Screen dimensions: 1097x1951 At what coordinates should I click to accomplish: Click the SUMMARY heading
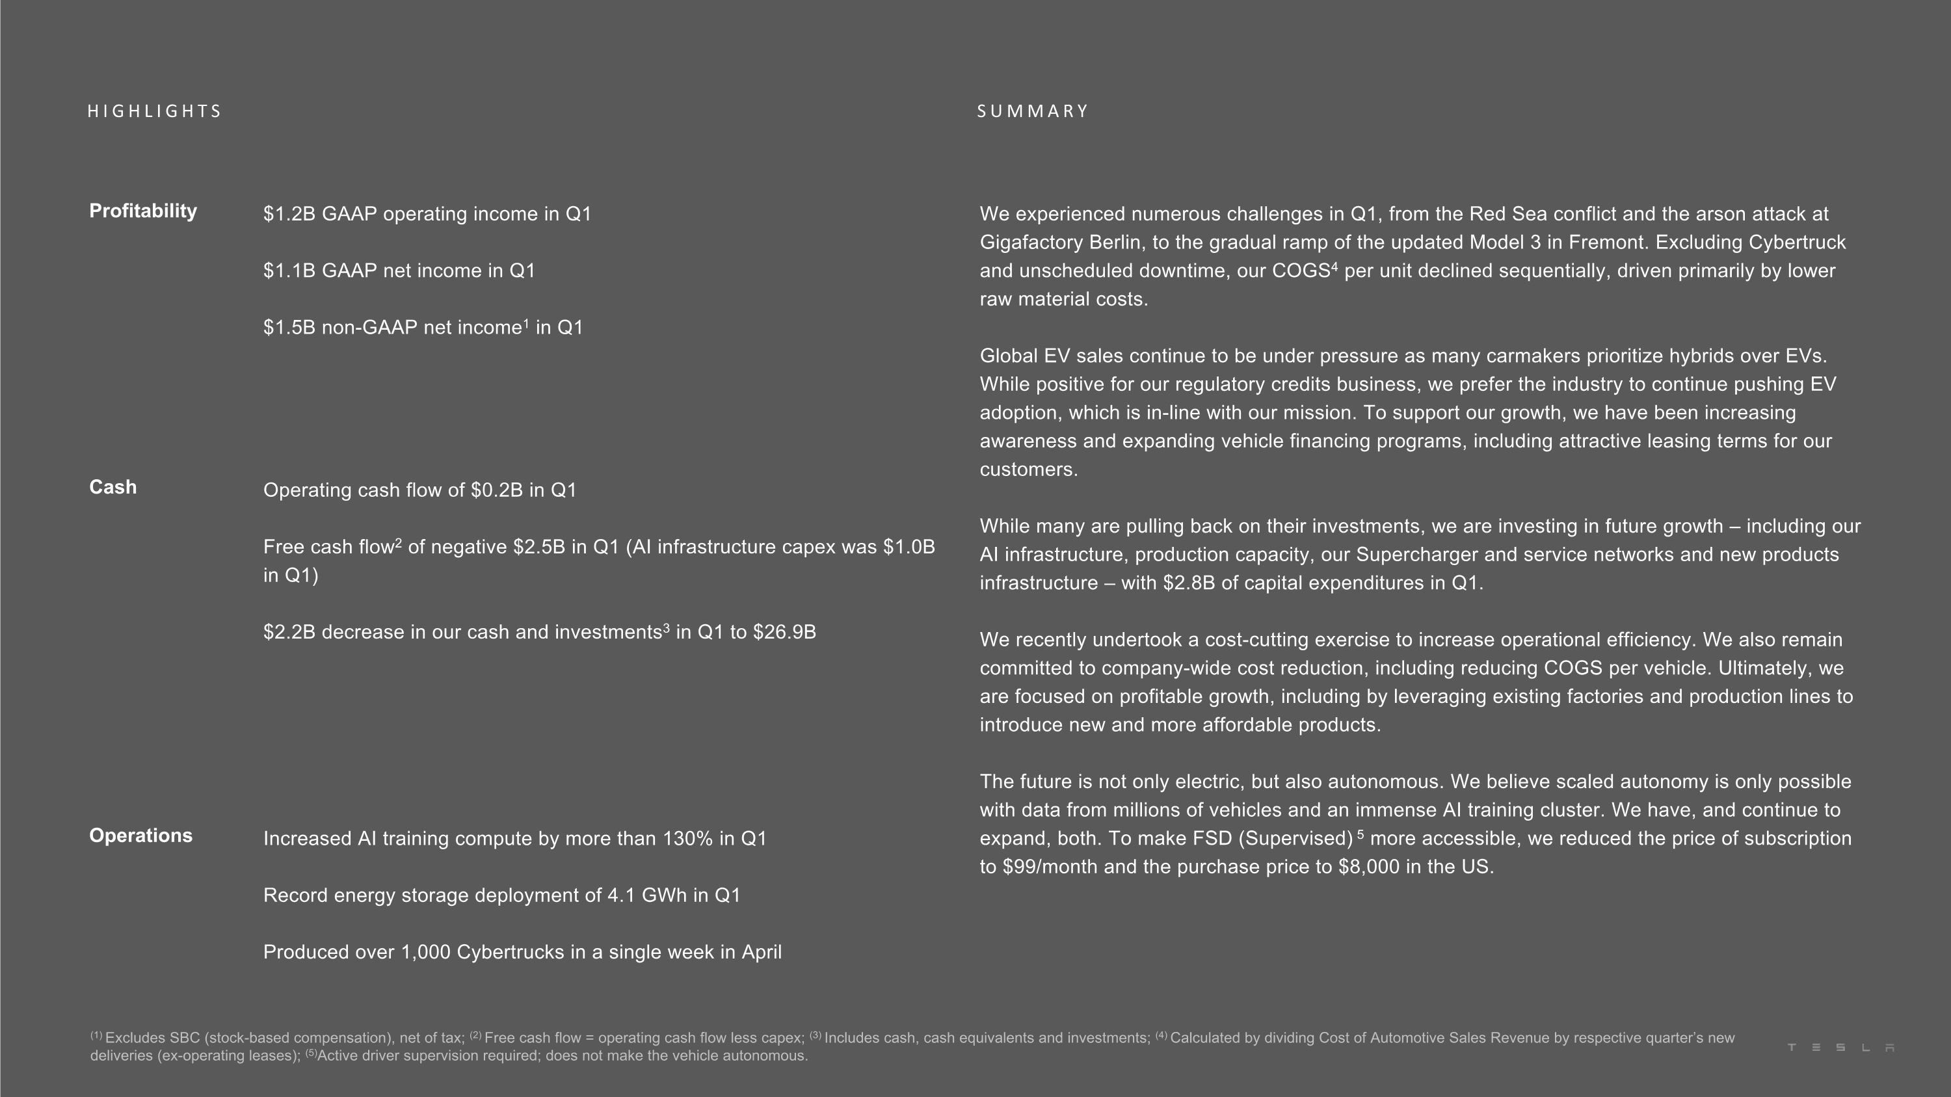point(1032,111)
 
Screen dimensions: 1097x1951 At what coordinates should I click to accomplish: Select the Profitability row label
point(143,211)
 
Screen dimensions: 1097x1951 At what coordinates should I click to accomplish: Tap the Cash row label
point(113,487)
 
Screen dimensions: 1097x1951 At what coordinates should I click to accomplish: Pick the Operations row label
point(141,836)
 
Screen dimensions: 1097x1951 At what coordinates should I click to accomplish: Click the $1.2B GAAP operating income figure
point(289,214)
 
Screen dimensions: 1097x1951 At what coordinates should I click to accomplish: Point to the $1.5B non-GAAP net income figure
point(289,328)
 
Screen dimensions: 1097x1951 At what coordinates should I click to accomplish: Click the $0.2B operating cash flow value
point(496,490)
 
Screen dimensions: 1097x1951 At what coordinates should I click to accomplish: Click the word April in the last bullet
point(761,953)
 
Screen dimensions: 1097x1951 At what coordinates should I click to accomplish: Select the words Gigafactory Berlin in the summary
point(1059,243)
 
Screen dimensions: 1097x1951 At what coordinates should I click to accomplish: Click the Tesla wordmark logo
point(1840,1048)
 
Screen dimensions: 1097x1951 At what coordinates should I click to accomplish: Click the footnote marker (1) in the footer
point(96,1035)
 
